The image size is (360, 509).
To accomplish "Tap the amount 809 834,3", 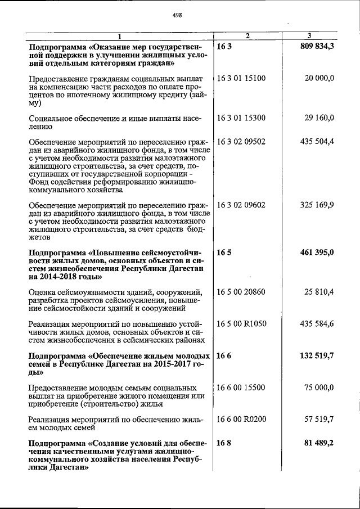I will click(316, 46).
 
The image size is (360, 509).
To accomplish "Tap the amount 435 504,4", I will click(317, 141).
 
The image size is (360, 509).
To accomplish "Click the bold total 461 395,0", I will click(316, 253).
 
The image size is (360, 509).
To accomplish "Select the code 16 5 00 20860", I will click(241, 292).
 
